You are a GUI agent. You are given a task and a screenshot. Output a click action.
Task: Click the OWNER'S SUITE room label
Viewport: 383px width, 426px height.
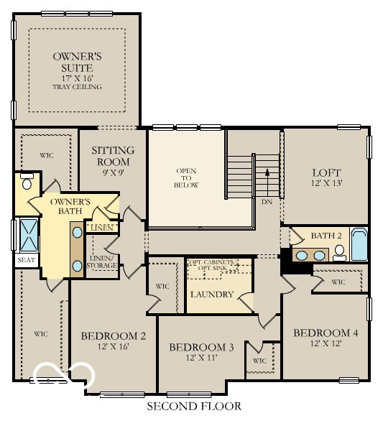click(77, 62)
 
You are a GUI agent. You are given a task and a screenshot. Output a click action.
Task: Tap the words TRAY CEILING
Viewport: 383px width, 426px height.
click(77, 87)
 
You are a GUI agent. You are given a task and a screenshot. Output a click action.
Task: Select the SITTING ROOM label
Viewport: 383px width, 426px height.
click(113, 156)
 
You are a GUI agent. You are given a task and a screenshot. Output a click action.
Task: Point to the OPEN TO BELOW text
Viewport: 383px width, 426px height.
click(186, 177)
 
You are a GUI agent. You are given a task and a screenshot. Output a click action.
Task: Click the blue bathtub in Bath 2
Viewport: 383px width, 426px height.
click(358, 245)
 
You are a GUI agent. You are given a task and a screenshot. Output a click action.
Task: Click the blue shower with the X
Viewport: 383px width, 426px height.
click(28, 233)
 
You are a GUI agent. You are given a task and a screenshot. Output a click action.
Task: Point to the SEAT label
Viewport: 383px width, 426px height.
click(26, 259)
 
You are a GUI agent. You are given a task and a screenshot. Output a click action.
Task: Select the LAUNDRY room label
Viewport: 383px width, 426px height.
click(211, 295)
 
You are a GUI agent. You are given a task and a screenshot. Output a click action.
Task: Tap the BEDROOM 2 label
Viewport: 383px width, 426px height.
click(114, 335)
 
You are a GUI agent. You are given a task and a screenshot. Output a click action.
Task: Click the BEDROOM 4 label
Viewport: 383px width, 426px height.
click(326, 333)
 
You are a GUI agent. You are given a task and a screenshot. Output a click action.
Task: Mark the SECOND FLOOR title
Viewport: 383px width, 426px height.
click(194, 407)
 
